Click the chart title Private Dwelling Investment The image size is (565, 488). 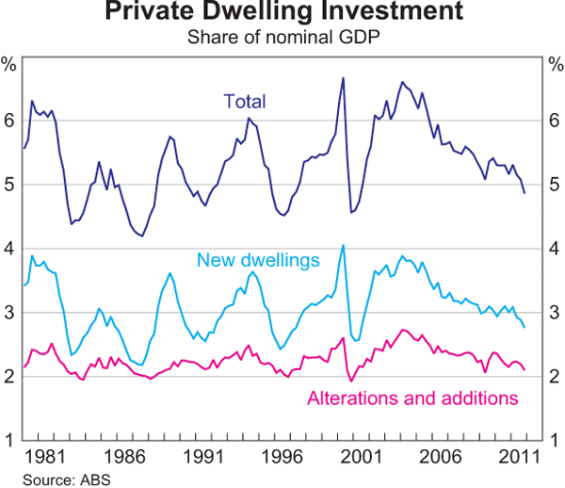point(282,13)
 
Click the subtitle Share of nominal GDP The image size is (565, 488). point(282,38)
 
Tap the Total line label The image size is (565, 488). point(245,101)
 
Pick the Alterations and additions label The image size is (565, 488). point(413,398)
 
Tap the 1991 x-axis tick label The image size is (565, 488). point(209,457)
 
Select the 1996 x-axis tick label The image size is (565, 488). point(289,457)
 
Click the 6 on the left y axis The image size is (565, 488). point(9,120)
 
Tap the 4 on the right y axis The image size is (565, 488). point(556,248)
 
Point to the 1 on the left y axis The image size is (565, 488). point(9,440)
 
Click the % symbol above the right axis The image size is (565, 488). point(555,65)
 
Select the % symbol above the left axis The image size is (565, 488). point(9,65)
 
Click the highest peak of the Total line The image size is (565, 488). point(343,77)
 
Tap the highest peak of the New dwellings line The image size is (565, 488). point(343,245)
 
